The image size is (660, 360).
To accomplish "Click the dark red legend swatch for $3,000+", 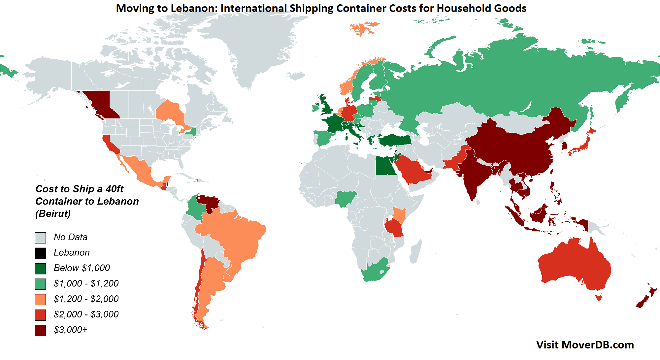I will (40, 330).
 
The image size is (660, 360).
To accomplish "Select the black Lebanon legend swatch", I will (40, 253).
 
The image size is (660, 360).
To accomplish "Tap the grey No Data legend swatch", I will (40, 238).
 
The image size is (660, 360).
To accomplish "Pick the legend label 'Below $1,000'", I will (82, 268).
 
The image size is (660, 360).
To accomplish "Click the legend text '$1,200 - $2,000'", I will (86, 299).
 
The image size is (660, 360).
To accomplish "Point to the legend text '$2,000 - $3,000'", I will (86, 314).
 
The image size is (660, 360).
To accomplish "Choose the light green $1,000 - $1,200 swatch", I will (40, 284).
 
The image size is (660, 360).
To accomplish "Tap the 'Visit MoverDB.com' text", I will (585, 345).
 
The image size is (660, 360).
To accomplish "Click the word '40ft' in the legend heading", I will (114, 189).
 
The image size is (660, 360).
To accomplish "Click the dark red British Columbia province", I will (99, 104).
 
